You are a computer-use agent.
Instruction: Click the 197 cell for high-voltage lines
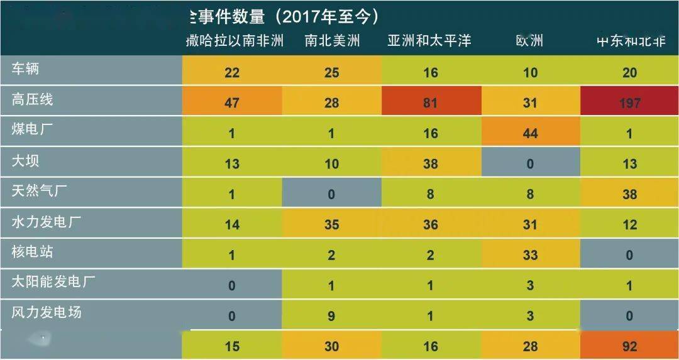tap(629, 102)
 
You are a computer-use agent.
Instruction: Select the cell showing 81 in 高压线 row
tap(431, 102)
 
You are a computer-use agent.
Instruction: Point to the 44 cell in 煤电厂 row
tap(530, 133)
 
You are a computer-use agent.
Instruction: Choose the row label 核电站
tap(33, 252)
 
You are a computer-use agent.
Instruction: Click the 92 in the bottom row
tap(629, 346)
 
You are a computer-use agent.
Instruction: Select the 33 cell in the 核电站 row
tap(530, 255)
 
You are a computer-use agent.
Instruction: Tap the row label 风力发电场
tap(47, 312)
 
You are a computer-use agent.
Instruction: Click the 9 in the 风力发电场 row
tap(332, 316)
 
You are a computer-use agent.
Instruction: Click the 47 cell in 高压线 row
tap(232, 102)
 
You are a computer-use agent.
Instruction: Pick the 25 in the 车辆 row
tap(332, 73)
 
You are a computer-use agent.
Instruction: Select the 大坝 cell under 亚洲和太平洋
tap(431, 164)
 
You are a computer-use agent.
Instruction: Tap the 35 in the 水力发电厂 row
tap(332, 224)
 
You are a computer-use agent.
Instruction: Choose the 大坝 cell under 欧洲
tap(530, 164)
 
